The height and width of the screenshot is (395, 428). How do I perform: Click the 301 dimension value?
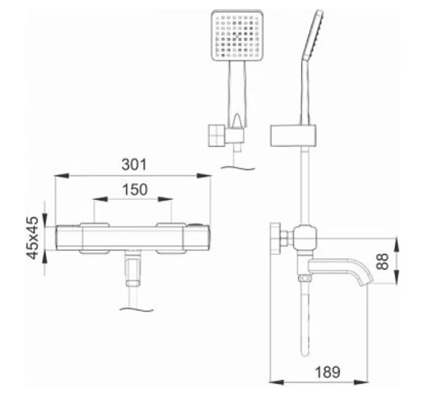(x=134, y=164)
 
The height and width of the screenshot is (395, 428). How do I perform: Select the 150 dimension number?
(x=135, y=189)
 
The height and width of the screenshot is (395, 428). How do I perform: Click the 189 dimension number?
(x=328, y=372)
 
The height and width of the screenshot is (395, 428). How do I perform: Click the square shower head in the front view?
(x=237, y=35)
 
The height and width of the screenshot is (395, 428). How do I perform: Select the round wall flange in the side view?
(x=275, y=238)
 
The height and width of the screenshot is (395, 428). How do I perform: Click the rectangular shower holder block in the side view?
(x=293, y=135)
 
